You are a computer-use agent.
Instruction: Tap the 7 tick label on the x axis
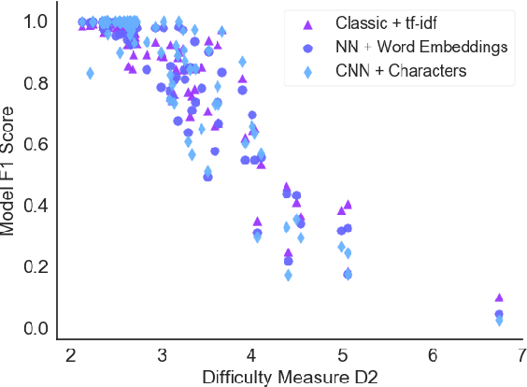521,355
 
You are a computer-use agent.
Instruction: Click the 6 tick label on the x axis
433,355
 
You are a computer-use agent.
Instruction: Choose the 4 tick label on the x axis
252,355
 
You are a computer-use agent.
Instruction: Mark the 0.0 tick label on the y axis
35,328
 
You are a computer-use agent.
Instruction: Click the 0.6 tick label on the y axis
35,144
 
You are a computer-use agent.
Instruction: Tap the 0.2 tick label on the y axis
35,266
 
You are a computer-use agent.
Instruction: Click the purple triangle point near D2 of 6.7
499,298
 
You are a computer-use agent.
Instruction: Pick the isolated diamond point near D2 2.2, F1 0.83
90,73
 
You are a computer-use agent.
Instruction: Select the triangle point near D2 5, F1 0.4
348,204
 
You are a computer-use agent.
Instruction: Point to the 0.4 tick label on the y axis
35,206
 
